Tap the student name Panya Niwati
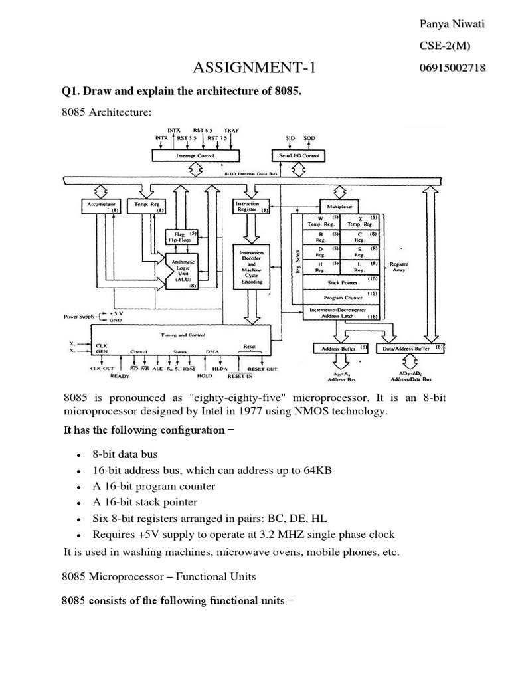point(452,25)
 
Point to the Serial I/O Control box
point(298,155)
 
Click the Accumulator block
point(100,206)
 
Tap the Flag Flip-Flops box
point(179,237)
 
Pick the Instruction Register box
point(251,206)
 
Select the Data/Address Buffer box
point(412,347)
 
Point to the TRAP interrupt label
point(231,130)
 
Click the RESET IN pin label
point(240,376)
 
